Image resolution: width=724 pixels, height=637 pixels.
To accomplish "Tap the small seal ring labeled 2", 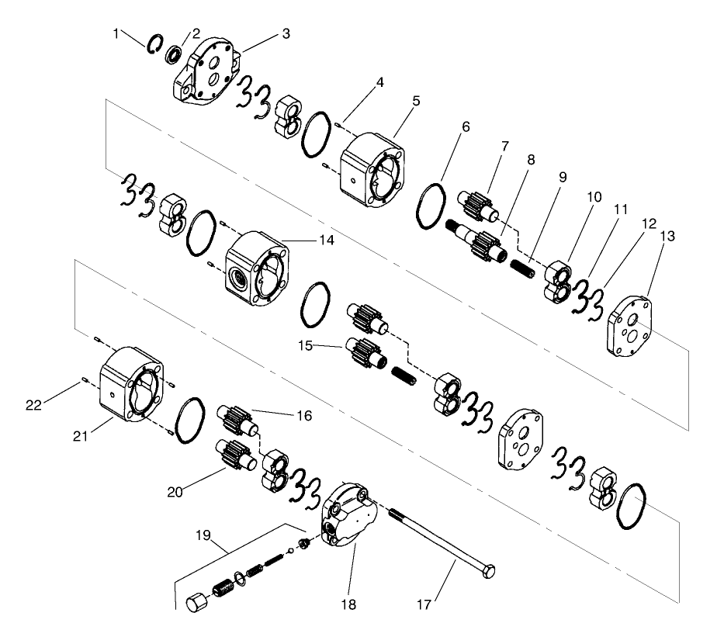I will click(x=174, y=55).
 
